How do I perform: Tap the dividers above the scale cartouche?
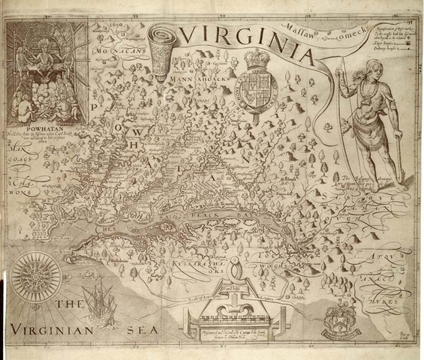coord(236,274)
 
